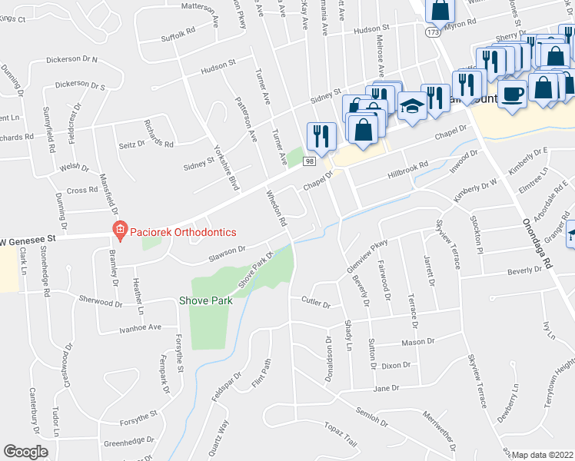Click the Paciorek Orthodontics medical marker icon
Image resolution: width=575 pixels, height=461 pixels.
coord(119,229)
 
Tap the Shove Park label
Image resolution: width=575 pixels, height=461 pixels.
coord(205,300)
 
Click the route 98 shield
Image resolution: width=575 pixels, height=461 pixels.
coord(309,161)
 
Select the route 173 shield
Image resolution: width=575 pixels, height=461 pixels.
coord(434,33)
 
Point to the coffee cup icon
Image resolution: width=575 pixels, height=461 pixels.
coord(513,94)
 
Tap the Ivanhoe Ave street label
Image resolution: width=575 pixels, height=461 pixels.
coord(139,327)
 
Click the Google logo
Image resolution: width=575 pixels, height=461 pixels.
coord(25,452)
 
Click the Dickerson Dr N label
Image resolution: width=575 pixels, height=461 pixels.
coord(71,59)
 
